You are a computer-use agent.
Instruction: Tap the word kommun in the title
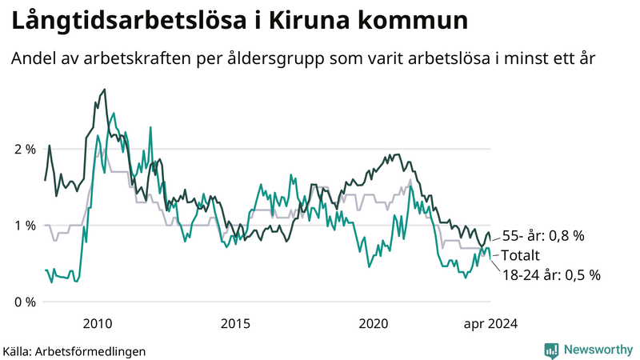pyautogui.click(x=408, y=22)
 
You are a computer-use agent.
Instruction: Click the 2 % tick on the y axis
pyautogui.click(x=24, y=149)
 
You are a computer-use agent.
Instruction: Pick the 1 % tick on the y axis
pyautogui.click(x=24, y=226)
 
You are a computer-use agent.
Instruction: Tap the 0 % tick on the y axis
pyautogui.click(x=24, y=302)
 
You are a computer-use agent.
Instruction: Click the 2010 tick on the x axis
pyautogui.click(x=98, y=324)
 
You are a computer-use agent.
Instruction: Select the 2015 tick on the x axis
pyautogui.click(x=235, y=324)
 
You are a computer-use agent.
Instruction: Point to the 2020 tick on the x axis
pyautogui.click(x=373, y=324)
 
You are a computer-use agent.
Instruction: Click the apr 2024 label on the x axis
pyautogui.click(x=490, y=324)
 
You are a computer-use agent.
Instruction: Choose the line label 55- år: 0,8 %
pyautogui.click(x=543, y=236)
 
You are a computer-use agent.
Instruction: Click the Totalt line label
pyautogui.click(x=522, y=255)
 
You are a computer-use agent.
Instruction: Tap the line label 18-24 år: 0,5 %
pyautogui.click(x=552, y=274)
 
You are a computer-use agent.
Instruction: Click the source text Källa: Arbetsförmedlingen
pyautogui.click(x=74, y=350)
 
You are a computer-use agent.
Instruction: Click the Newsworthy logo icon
pyautogui.click(x=551, y=350)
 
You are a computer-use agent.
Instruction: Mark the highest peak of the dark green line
pyautogui.click(x=105, y=90)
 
